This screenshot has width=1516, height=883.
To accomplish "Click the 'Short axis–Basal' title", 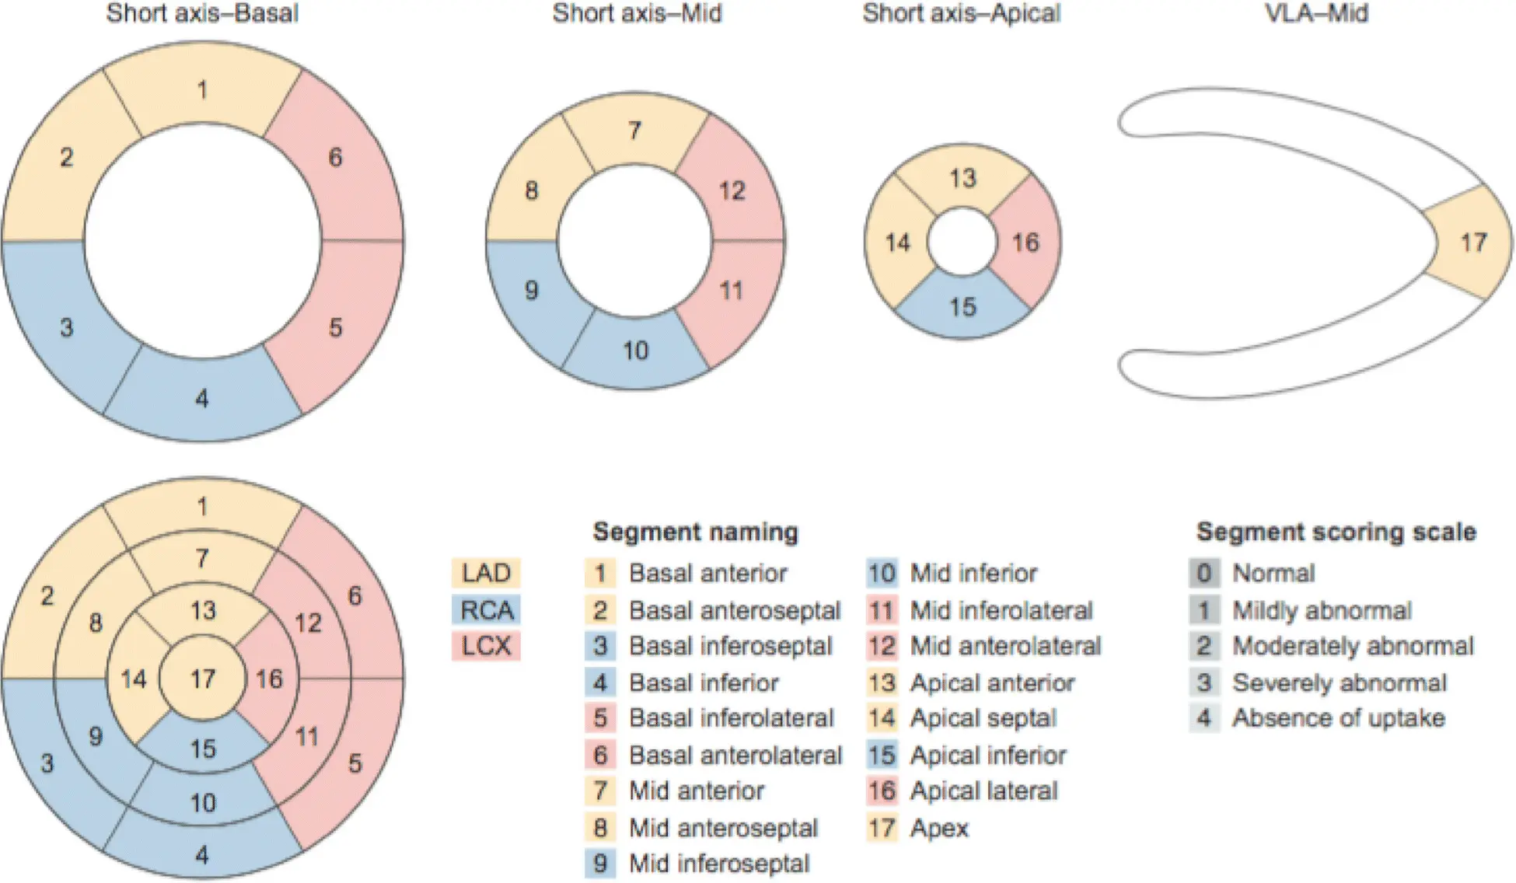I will (x=202, y=13).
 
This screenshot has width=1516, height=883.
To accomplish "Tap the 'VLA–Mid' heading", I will (x=1316, y=13).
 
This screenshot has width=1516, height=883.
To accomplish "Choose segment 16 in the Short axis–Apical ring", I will (x=1025, y=243).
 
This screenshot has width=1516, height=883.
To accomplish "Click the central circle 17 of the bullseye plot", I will (x=203, y=679).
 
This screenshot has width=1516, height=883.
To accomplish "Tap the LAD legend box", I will (x=486, y=573).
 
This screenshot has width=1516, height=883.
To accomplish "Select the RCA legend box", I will (x=486, y=609).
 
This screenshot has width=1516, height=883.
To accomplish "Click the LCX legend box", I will (x=486, y=645).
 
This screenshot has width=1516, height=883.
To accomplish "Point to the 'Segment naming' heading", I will (x=695, y=532).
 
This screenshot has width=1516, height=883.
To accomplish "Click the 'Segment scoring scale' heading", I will (x=1336, y=532).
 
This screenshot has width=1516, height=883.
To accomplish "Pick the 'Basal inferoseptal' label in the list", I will (x=730, y=646).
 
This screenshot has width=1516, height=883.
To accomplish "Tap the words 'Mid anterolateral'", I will (x=1005, y=646).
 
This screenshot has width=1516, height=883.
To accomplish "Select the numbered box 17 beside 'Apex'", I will (x=882, y=828).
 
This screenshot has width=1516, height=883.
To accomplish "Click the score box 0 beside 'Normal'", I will (x=1203, y=573).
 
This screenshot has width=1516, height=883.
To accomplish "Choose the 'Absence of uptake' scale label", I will (x=1338, y=718).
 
